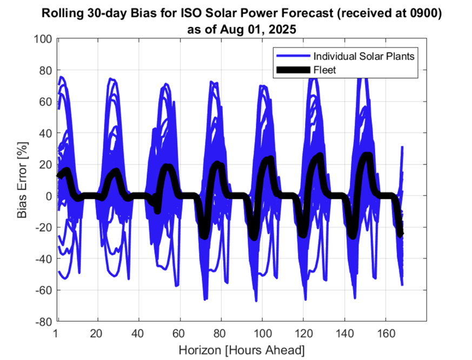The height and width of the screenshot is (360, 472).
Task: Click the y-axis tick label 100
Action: click(x=43, y=39)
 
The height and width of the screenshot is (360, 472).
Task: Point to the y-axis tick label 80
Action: click(x=45, y=70)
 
